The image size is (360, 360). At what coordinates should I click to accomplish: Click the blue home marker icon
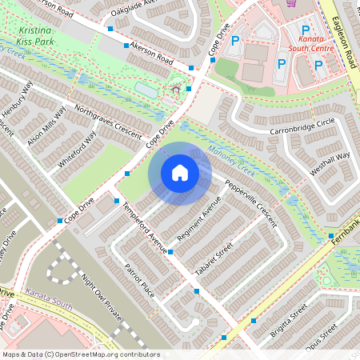point(180,173)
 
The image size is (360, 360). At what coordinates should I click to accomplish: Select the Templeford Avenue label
point(145,227)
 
